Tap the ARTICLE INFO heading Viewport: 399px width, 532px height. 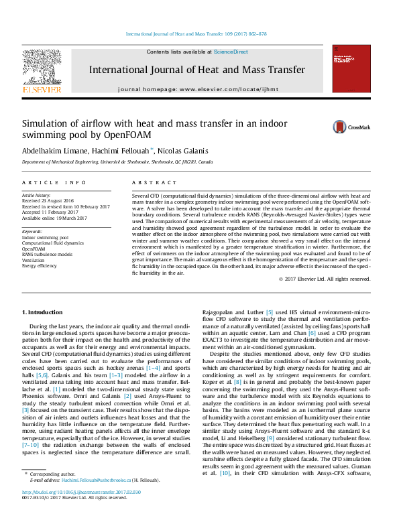click(x=54, y=182)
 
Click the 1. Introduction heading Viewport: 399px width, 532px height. click(x=42, y=313)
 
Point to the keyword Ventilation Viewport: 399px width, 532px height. click(x=34, y=259)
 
